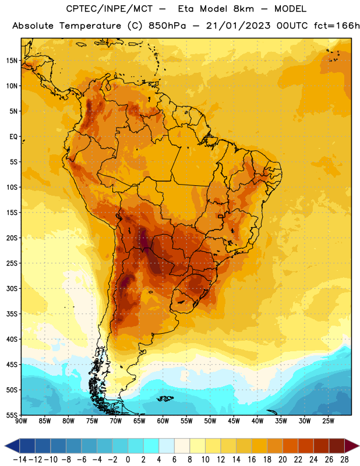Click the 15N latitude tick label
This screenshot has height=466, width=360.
point(12,61)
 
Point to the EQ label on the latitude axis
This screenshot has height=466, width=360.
point(13,137)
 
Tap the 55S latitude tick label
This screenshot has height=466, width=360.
point(12,415)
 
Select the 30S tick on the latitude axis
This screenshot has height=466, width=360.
point(12,288)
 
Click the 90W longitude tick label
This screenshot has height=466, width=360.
point(21,421)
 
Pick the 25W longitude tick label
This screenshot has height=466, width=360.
point(328,421)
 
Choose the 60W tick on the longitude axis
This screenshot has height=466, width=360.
point(163,421)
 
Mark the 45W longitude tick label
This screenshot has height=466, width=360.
point(234,421)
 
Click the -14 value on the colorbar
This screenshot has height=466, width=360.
point(20,460)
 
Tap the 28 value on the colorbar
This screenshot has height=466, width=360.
point(344,460)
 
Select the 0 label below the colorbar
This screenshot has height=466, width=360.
point(128,460)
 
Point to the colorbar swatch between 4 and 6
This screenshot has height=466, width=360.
point(167,446)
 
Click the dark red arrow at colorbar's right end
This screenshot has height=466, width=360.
point(351,446)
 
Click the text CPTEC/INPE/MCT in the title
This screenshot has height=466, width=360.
point(110,9)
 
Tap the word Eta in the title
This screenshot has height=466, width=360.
point(186,9)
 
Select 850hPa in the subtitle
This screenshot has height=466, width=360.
point(167,26)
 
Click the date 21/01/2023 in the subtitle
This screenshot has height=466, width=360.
point(238,26)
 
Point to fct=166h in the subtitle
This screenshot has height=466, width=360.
point(337,26)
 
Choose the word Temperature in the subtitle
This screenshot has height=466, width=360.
point(90,26)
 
